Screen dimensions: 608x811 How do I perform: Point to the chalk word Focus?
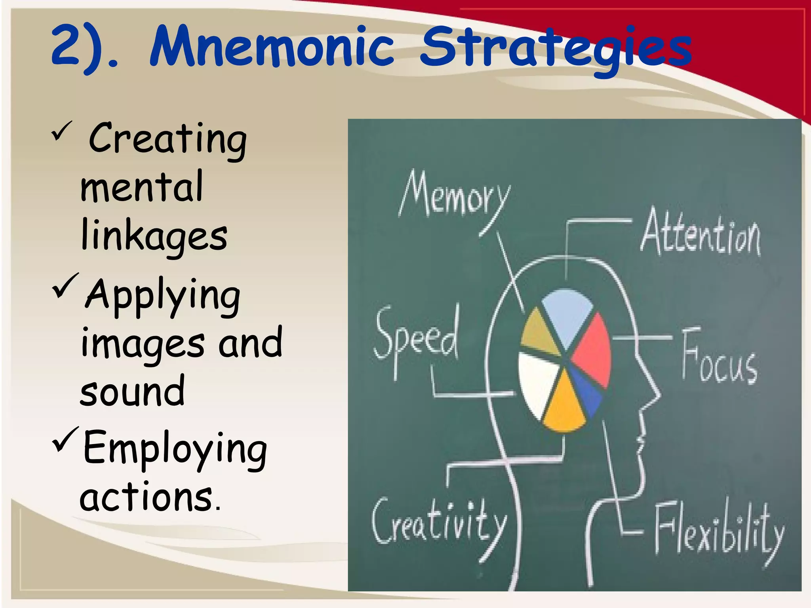coord(719,358)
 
